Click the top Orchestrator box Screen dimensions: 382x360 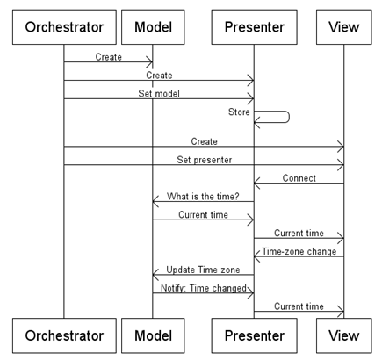(x=64, y=27)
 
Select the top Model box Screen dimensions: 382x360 (x=153, y=27)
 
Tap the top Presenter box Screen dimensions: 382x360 (x=255, y=27)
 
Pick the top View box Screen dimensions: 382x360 (x=344, y=27)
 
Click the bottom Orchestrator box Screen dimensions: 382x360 (x=64, y=335)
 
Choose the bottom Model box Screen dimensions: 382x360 (x=153, y=335)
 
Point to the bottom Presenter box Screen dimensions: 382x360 (x=255, y=335)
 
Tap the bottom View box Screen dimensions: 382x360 (x=344, y=335)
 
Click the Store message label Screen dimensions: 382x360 (x=239, y=112)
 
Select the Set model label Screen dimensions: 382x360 (x=159, y=93)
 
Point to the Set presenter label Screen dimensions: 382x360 (x=205, y=160)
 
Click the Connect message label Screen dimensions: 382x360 (x=299, y=178)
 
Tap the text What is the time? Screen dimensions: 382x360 (x=203, y=196)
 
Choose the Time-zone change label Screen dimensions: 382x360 (x=299, y=251)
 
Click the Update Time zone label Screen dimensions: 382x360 (x=203, y=270)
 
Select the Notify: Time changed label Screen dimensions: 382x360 (x=204, y=288)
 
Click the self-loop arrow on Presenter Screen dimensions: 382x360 (x=289, y=117)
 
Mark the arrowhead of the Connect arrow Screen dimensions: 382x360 (x=256, y=184)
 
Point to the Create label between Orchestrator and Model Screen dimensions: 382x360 (x=109, y=57)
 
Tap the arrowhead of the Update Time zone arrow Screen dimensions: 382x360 (x=155, y=275)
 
